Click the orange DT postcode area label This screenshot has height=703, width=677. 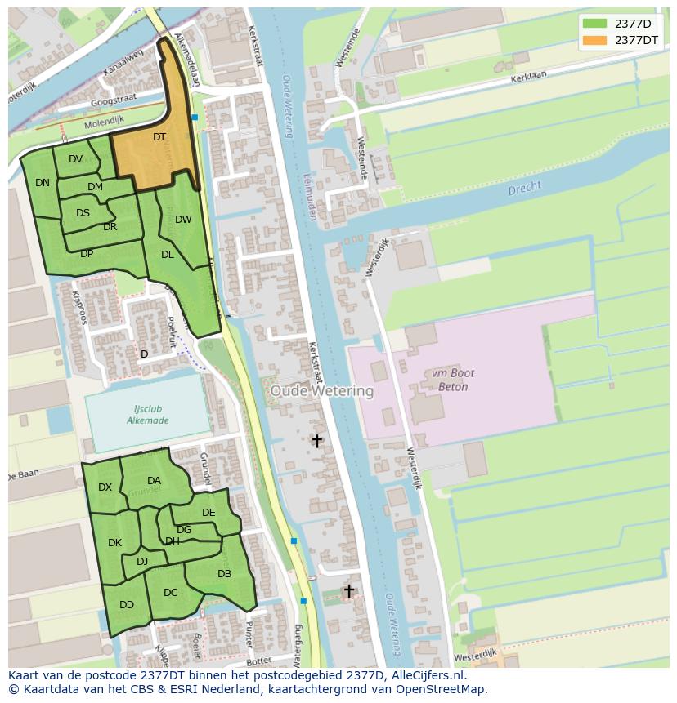(159, 137)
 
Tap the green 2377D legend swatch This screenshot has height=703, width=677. (595, 24)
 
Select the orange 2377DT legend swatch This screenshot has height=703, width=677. (595, 40)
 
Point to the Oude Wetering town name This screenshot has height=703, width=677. (321, 391)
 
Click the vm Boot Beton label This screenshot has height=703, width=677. (449, 380)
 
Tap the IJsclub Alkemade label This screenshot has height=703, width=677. (147, 415)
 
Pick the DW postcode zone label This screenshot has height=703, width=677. (183, 219)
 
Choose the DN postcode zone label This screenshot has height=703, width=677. (43, 183)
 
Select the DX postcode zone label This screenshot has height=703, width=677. (105, 487)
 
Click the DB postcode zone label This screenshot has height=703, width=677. (224, 574)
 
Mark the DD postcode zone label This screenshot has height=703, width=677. (126, 605)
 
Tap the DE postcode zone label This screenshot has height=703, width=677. (208, 513)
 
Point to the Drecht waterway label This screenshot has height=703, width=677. (524, 189)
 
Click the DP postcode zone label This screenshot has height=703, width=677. (86, 254)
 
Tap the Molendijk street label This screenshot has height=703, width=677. (104, 121)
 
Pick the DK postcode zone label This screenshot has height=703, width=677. (114, 543)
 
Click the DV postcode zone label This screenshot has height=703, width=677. (75, 159)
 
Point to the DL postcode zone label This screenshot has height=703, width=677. (167, 255)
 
